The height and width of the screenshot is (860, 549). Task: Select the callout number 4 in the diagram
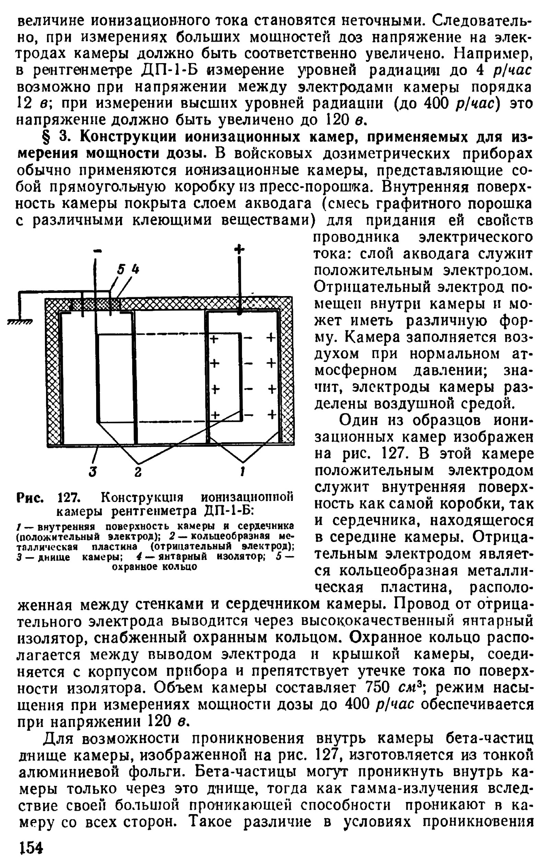[x=134, y=269]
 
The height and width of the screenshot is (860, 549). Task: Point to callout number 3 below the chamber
[x=93, y=472]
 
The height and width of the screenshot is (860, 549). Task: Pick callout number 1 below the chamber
[x=243, y=472]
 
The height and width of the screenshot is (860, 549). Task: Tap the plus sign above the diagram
[x=239, y=249]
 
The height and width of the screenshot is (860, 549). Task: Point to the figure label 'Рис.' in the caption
[x=30, y=497]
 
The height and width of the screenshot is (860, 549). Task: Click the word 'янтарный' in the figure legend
[x=183, y=557]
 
